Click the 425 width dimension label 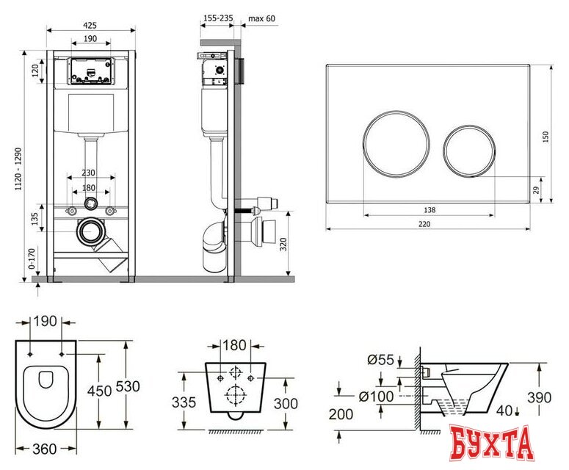click(90, 25)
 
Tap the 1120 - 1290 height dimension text click(18, 169)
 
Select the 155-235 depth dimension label click(218, 18)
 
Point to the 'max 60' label click(261, 18)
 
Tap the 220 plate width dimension click(424, 224)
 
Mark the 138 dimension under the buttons click(430, 210)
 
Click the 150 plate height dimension click(546, 137)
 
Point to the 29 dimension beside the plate click(537, 190)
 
